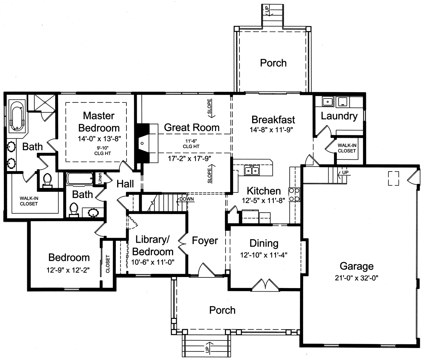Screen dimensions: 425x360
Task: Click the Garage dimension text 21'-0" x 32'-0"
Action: tap(357, 278)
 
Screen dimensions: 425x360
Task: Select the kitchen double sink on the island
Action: tap(252, 170)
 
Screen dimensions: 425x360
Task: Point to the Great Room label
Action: tap(192, 128)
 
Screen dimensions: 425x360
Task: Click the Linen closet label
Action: tap(100, 178)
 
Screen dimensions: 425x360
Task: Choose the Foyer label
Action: tap(205, 241)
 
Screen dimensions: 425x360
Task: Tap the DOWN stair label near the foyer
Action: tap(187, 199)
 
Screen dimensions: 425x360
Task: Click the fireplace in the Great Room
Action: tap(147, 143)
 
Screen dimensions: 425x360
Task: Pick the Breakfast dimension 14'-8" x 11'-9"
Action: tap(271, 130)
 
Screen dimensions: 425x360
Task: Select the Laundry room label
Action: tap(339, 116)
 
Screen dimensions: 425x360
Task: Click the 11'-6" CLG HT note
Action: tap(191, 144)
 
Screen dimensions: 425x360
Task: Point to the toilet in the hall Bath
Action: tap(74, 210)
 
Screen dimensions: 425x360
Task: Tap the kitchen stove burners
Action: tap(294, 195)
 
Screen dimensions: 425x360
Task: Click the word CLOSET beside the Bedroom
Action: tap(108, 264)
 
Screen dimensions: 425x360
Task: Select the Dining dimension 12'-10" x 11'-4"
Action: tap(264, 255)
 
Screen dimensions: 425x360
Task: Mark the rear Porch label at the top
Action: tap(273, 63)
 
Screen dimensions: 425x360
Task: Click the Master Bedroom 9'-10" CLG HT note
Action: tap(103, 151)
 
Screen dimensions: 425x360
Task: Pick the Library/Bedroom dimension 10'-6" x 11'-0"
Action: tap(153, 262)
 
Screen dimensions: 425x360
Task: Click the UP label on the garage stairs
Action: tap(345, 172)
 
